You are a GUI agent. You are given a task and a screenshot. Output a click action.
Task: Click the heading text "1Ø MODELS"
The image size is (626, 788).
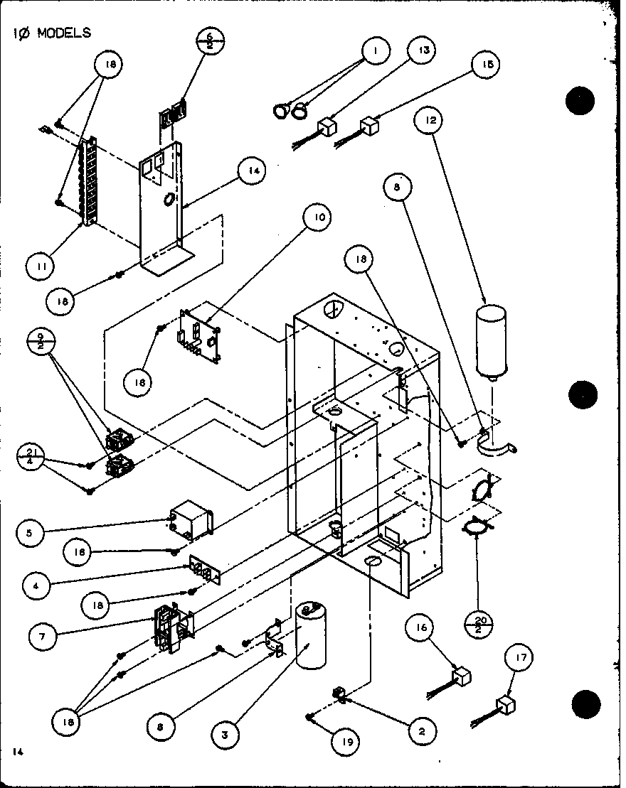[x=51, y=33]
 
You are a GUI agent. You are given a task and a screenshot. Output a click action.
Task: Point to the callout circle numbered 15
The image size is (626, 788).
[x=484, y=65]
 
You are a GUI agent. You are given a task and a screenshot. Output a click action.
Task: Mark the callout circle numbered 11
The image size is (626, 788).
[x=38, y=266]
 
